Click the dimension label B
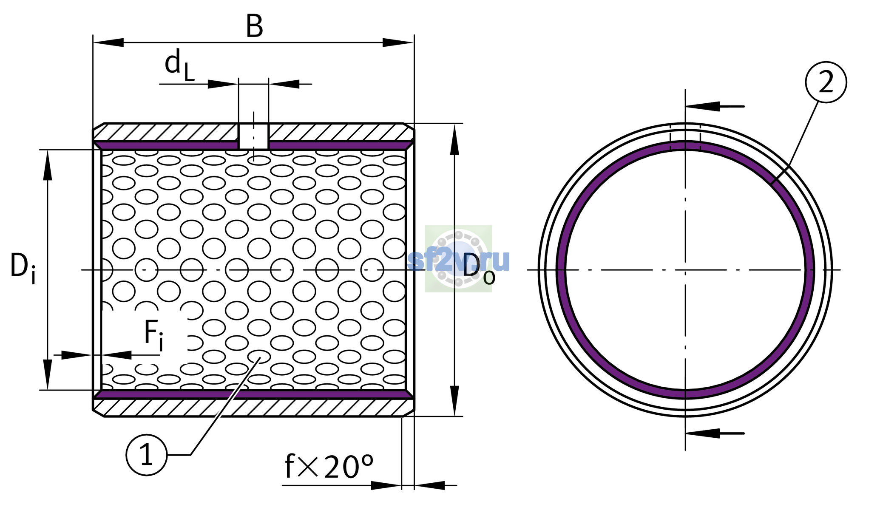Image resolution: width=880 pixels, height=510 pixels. [255, 26]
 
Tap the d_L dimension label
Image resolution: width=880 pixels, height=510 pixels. [179, 65]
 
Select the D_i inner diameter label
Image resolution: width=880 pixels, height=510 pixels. [23, 268]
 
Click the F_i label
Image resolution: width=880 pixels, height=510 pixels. [153, 336]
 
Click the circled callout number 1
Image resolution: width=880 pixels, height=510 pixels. [147, 455]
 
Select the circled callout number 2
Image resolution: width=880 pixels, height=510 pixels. [826, 82]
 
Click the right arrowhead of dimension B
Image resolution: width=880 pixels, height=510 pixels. [398, 42]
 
